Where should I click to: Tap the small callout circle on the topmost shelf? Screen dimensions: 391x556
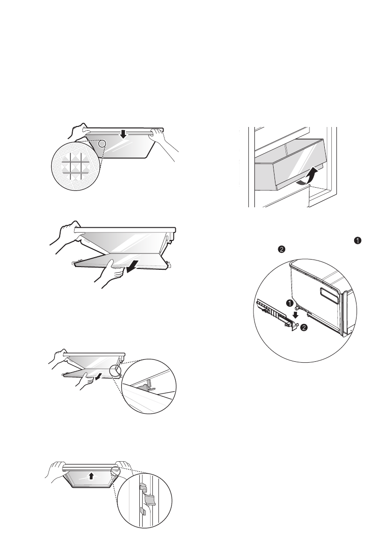tap(102, 143)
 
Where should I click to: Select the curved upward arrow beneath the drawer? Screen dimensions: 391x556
tap(307, 176)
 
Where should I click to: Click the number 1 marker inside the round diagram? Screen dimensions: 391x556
tap(290, 303)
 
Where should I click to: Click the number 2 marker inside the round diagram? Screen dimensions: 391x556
tap(303, 328)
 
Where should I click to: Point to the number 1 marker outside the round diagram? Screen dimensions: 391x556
tap(358, 241)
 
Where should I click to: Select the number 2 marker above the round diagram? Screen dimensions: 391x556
tap(281, 250)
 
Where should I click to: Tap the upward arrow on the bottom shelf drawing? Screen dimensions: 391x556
tap(91, 476)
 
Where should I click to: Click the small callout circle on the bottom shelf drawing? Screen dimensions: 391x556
tap(116, 471)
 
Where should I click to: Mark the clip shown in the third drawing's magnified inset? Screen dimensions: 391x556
tap(148, 386)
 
